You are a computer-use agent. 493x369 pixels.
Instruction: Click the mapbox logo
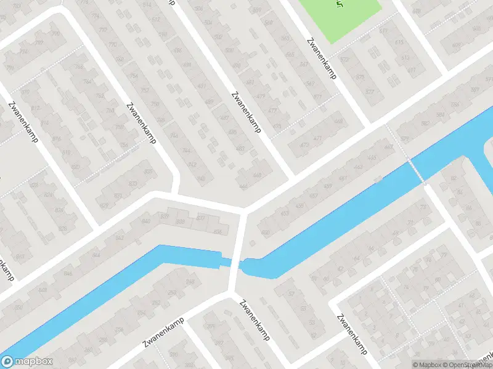[x=27, y=362]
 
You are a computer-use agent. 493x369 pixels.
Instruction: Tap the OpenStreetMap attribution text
[x=467, y=365]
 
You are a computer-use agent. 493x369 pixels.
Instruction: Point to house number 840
[x=145, y=220]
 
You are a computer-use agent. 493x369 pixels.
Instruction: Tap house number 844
[x=96, y=254]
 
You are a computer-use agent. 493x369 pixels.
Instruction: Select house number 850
[x=18, y=307]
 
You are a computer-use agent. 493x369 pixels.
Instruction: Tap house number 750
[x=155, y=105]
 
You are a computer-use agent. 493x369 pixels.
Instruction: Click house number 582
[x=425, y=124]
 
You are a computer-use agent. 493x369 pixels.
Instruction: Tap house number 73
[x=423, y=207]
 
